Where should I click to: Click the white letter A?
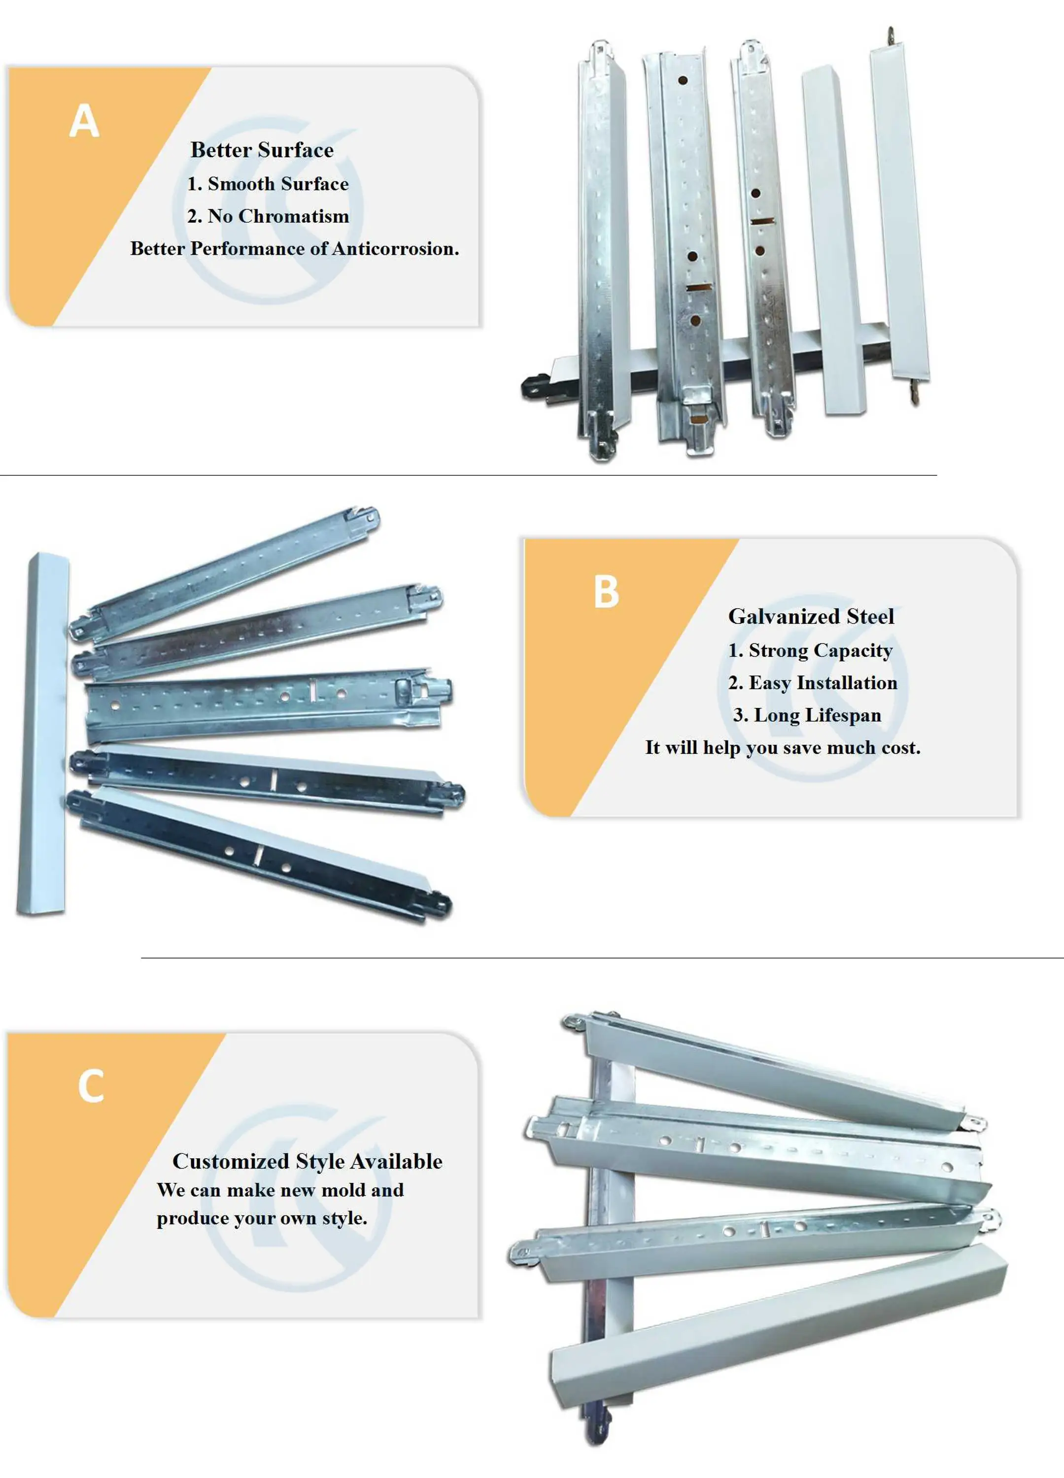tap(84, 121)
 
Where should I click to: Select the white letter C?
tap(91, 1086)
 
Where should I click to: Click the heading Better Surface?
tap(262, 151)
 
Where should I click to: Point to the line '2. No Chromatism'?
tap(268, 216)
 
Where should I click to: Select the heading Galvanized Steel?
tap(811, 616)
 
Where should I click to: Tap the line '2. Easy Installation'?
tap(812, 683)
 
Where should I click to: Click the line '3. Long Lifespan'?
tap(807, 715)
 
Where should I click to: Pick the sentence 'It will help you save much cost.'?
tap(783, 748)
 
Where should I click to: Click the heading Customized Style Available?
tap(307, 1161)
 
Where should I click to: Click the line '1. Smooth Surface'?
tap(268, 184)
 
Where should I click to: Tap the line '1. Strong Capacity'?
tap(810, 650)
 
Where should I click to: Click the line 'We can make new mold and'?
tap(280, 1190)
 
